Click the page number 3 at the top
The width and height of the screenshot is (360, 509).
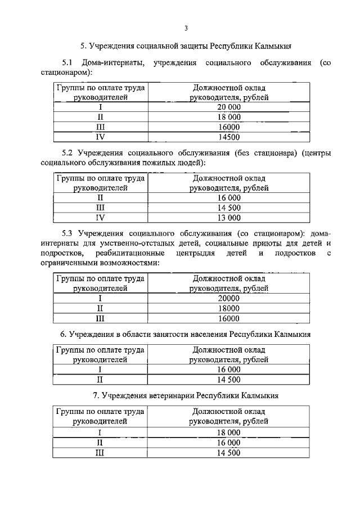185,28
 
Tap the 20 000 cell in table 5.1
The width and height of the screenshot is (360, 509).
228,107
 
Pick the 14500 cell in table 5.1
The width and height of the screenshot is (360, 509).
228,136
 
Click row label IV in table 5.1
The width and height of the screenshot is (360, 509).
100,136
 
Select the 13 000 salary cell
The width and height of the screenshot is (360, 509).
228,218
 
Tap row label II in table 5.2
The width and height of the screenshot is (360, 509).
100,198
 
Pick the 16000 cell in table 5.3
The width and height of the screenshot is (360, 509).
228,318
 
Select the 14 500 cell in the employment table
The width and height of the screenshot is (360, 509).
228,379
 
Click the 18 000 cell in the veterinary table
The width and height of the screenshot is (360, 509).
228,433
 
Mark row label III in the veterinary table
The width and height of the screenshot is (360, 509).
100,453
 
